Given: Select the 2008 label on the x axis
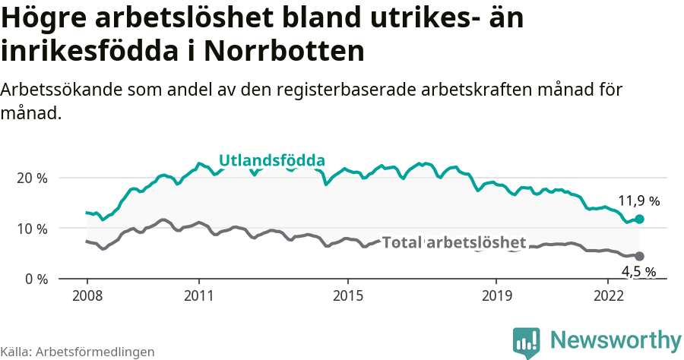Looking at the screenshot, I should pos(87,295).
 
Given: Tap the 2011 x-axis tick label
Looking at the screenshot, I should pos(198,295).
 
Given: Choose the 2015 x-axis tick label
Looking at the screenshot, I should pos(347,295).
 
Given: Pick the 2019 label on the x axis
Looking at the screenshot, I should pos(496,295).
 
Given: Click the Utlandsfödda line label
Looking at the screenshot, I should pos(272,160).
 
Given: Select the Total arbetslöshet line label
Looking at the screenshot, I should pos(454,243).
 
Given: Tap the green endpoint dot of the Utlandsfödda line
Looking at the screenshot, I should pos(639,219).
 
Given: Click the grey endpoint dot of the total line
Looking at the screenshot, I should pos(639,257).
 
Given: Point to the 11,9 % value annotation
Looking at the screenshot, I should pos(638,201).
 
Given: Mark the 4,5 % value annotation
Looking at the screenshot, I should pos(638,271).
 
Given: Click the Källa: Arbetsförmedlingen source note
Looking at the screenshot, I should pos(78,352).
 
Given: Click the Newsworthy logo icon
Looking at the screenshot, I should pos(526,343).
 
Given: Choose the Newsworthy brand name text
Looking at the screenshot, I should pos(616,339).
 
